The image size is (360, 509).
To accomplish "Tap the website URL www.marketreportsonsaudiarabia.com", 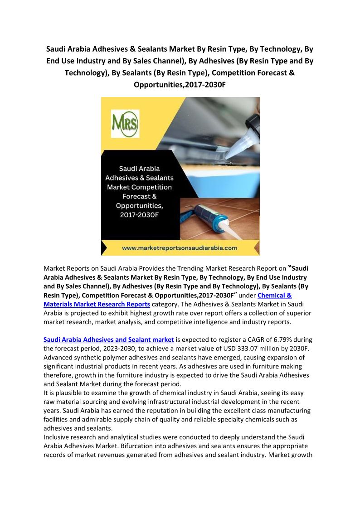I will (x=180, y=248).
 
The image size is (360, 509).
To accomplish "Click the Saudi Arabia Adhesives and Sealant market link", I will (x=109, y=339).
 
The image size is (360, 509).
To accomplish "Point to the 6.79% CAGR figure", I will (x=280, y=339).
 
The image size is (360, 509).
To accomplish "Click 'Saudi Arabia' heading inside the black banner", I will (x=140, y=169).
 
